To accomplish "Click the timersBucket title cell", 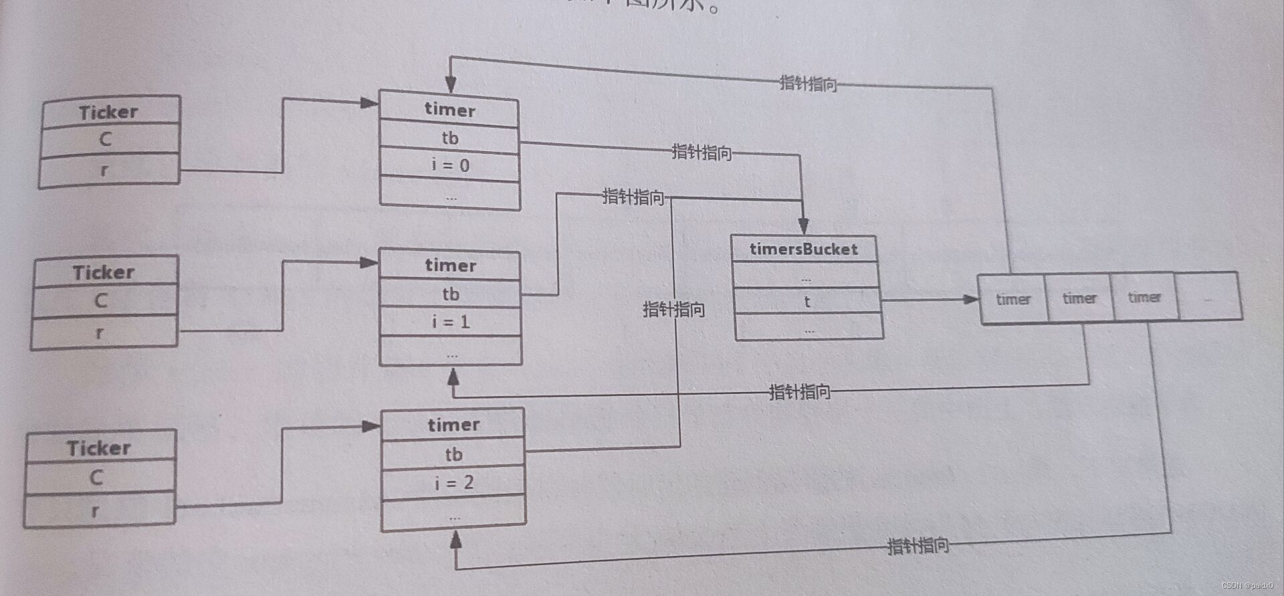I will [803, 249].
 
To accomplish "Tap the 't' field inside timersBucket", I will [807, 302].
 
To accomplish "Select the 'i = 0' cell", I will [450, 165].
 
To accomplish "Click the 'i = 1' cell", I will [451, 322].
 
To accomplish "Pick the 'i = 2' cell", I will [453, 482].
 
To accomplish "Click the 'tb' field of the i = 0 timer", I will [449, 138].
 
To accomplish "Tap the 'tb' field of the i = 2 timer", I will [453, 454].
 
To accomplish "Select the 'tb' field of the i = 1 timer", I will [450, 294].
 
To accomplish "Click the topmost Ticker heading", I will [109, 112].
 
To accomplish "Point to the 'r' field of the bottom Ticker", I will [96, 511].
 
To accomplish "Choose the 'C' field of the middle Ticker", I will [101, 300].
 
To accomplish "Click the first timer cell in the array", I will [1012, 299].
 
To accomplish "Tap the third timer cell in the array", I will [1144, 297].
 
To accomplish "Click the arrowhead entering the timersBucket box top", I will [803, 226].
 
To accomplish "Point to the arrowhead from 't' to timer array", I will [970, 299].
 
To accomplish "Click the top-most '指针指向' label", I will [808, 84].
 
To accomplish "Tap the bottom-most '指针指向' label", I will [918, 546].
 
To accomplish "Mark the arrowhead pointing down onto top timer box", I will [451, 84].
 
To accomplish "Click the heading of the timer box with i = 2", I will [453, 425].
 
